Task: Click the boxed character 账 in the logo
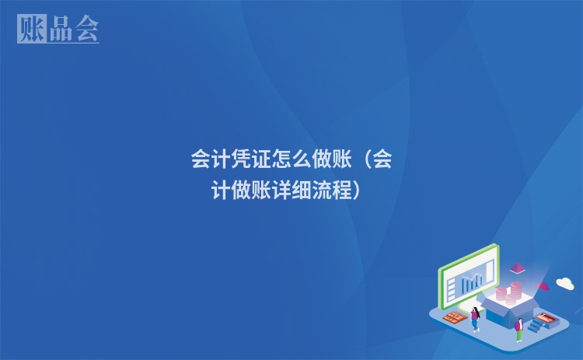coord(31,29)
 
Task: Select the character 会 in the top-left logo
coord(86,29)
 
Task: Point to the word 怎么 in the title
coord(288,160)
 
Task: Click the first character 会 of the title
coord(201,160)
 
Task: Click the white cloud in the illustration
coord(565,283)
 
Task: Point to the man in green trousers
coord(518,328)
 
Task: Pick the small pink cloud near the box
coord(543,286)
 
